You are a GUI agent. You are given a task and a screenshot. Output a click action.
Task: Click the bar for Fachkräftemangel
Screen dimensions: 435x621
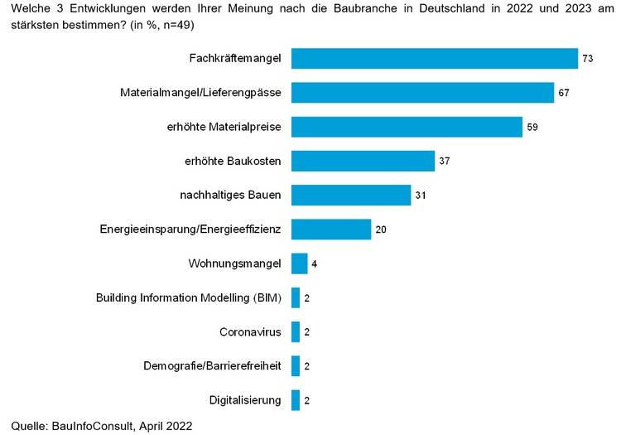coord(434,59)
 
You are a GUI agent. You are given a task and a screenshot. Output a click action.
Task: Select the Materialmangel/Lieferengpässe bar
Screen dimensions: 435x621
coord(422,93)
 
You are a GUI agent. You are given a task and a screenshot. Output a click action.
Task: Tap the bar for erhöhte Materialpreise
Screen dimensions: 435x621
coord(407,127)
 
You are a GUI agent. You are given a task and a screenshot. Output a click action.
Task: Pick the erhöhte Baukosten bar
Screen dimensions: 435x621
coord(363,161)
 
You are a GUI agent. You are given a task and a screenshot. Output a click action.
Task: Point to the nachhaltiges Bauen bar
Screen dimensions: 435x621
coord(351,196)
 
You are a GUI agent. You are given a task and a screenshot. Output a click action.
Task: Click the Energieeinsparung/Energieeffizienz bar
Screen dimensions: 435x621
coord(330,230)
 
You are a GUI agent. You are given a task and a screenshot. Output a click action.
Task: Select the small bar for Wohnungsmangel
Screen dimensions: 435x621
coord(299,263)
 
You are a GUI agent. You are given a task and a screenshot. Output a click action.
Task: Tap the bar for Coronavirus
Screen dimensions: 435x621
coord(296,332)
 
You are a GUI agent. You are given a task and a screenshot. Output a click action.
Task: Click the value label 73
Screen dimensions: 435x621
coord(588,59)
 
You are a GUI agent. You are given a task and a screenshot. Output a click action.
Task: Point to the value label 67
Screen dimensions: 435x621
coord(564,93)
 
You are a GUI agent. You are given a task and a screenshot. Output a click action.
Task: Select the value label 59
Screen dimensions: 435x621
coord(532,128)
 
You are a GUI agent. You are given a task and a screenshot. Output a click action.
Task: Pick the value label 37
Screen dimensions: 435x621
coord(445,161)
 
